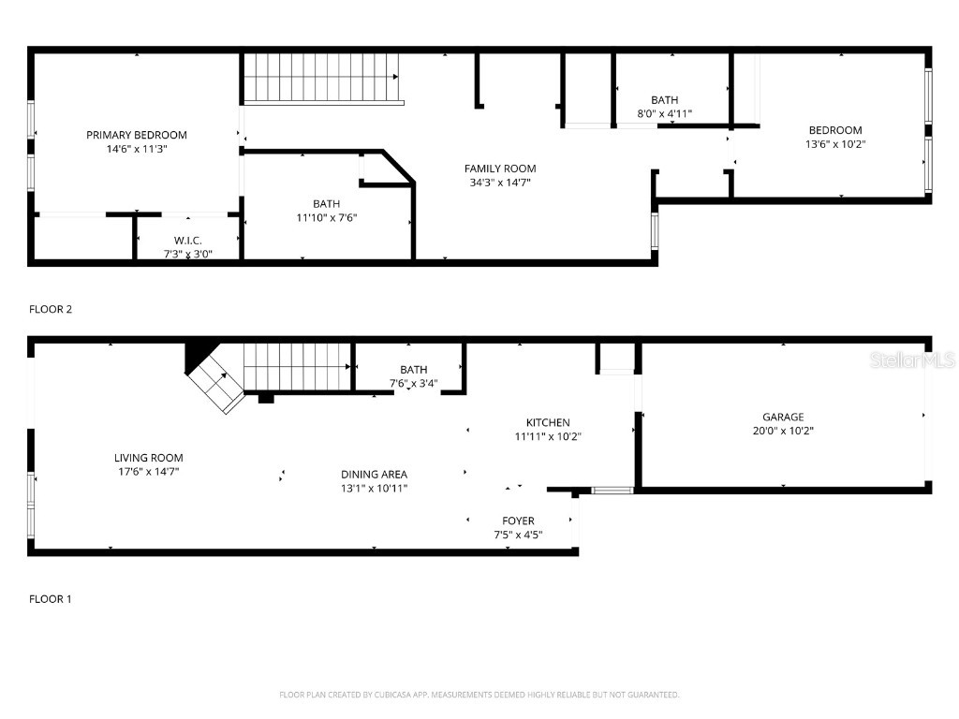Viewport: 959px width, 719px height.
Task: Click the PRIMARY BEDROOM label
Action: coord(137,135)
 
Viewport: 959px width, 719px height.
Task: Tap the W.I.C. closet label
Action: coord(187,241)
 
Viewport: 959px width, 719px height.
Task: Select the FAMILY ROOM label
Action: coord(500,169)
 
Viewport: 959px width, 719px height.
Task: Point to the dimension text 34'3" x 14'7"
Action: coord(500,183)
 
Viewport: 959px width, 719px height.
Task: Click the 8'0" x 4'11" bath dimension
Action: coord(665,113)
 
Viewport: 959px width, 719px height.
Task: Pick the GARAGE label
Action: coord(783,417)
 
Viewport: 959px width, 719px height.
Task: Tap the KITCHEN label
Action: coord(548,422)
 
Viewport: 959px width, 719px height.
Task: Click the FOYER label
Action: coord(518,521)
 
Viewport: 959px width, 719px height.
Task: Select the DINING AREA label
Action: coord(375,475)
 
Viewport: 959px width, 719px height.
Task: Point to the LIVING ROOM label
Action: coord(149,458)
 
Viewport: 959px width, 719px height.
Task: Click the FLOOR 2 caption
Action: coord(51,309)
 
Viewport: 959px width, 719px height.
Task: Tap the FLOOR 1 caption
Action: coord(51,599)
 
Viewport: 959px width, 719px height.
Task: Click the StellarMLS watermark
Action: coord(912,360)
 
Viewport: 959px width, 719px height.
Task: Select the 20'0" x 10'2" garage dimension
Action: coord(783,431)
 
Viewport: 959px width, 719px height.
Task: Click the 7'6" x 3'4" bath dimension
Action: coord(413,384)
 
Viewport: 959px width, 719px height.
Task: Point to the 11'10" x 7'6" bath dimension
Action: coord(327,217)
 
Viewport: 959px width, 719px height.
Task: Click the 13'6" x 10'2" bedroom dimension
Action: coord(835,144)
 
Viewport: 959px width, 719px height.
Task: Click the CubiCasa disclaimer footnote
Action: coord(479,695)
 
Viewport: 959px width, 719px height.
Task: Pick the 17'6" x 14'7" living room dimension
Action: coord(149,472)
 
